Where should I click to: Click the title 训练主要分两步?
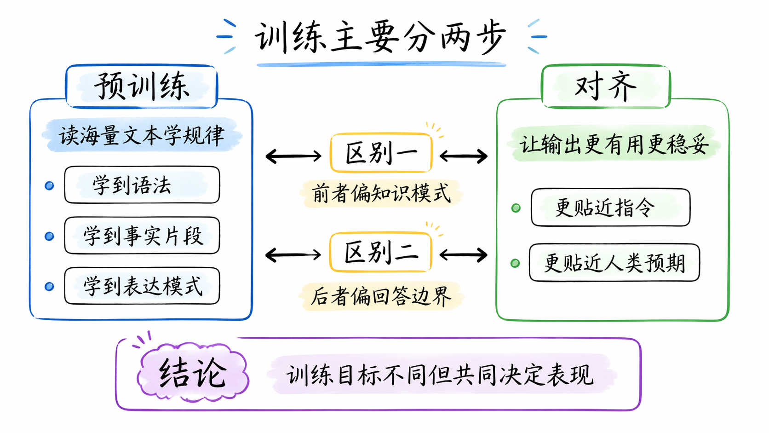380,37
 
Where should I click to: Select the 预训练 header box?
142,86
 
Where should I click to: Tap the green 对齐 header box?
606,86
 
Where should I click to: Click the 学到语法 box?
142,185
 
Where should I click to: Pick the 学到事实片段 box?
142,235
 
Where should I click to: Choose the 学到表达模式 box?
142,286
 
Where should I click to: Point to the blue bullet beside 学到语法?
49,186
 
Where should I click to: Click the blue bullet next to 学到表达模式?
49,286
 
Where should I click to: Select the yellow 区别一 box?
381,152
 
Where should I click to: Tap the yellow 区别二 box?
380,252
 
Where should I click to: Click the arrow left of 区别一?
293,156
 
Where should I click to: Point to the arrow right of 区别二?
464,255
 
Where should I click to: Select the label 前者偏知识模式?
381,193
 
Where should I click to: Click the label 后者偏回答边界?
381,296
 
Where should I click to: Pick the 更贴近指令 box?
610,207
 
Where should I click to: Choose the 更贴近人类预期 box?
614,263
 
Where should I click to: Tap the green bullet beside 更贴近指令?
516,208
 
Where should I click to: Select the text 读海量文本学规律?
142,135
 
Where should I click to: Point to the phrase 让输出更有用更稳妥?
614,144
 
